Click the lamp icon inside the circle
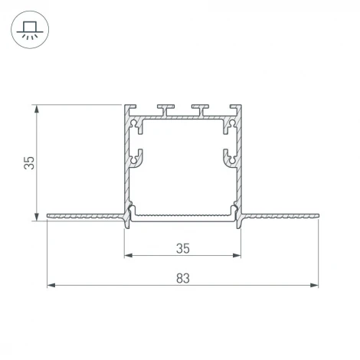tap(30, 29)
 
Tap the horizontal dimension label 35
tap(182, 247)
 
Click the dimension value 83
tap(182, 278)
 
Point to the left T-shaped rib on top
tap(165, 110)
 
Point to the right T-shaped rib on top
tap(201, 110)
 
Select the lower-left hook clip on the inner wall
tap(137, 158)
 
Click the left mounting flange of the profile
tap(84, 217)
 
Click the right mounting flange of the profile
tap(280, 217)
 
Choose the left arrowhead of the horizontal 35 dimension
tap(127, 255)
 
